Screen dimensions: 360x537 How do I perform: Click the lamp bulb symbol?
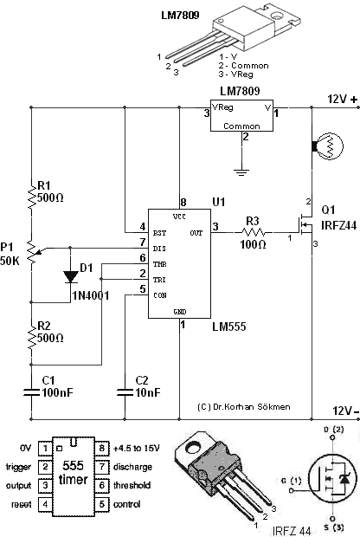[329, 146]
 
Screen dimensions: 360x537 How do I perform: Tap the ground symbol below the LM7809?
[241, 171]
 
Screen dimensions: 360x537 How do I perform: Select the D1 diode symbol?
[70, 276]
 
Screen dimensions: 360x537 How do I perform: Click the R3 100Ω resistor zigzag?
[254, 232]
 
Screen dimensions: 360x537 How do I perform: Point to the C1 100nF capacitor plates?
[31, 392]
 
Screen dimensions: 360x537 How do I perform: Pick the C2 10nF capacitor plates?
[125, 392]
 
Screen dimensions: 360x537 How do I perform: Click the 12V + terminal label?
[343, 100]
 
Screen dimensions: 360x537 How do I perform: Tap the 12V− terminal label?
[346, 411]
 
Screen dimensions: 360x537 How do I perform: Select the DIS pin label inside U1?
[159, 249]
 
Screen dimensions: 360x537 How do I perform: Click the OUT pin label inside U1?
[196, 233]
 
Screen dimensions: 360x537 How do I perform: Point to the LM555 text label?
[229, 327]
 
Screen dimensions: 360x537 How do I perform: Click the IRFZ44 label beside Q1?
[338, 225]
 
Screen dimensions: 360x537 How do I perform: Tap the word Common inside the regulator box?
[241, 126]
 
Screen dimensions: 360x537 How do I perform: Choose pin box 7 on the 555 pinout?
[101, 467]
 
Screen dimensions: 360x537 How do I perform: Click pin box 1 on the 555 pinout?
[45, 448]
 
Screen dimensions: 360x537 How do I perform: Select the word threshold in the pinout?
[132, 485]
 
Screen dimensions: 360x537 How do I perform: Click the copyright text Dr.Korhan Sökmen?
[244, 407]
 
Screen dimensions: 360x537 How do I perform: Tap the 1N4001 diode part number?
[91, 295]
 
